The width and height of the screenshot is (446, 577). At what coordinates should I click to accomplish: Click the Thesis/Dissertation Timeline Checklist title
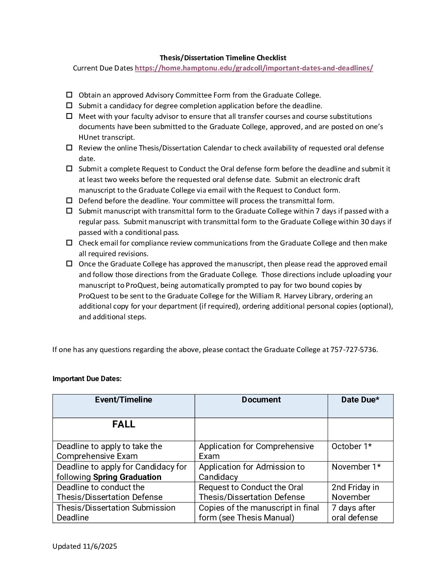tap(223, 58)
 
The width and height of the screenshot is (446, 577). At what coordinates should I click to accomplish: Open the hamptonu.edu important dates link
tap(254, 68)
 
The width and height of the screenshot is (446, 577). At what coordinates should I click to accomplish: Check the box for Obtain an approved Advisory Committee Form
tap(69, 95)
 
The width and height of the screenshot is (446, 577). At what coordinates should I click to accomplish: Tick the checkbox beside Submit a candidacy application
tap(69, 105)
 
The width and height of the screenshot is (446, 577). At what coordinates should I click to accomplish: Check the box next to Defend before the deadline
tap(69, 200)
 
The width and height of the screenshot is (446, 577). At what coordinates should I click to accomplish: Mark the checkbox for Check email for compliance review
tap(69, 243)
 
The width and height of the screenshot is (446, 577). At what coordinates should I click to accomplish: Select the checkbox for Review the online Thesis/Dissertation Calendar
tap(69, 148)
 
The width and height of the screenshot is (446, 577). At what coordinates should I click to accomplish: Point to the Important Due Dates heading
tap(87, 379)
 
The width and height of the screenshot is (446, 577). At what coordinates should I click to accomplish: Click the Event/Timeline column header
tap(123, 400)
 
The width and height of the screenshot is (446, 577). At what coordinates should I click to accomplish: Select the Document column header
tap(261, 400)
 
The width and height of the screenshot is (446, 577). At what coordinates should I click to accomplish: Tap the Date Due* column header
tap(360, 400)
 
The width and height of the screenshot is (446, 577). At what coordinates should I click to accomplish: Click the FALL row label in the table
tap(123, 425)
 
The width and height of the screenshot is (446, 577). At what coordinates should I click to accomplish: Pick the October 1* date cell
tap(352, 446)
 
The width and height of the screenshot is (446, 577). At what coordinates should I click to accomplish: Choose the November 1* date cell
tap(356, 467)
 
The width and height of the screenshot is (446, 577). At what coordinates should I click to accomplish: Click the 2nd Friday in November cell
tap(355, 492)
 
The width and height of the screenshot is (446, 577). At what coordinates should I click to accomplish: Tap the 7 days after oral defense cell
tap(354, 513)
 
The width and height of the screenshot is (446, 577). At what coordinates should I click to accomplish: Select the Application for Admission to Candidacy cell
tap(252, 472)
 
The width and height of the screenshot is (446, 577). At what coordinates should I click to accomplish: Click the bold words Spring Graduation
tap(127, 477)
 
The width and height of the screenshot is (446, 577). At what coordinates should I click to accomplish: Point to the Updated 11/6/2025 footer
tap(84, 546)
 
